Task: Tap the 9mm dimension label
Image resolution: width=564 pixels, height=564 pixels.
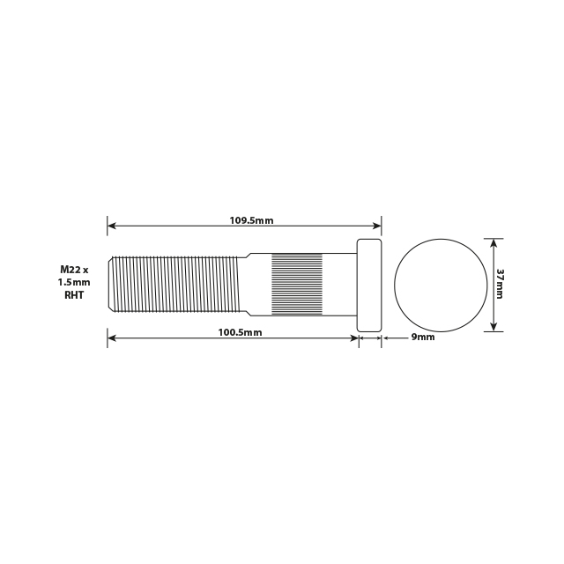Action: [x=423, y=337]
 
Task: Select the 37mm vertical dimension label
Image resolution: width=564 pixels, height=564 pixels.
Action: [x=500, y=284]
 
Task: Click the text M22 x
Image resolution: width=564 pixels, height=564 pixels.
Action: [x=75, y=268]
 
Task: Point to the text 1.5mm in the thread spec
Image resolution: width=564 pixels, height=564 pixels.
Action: [x=75, y=282]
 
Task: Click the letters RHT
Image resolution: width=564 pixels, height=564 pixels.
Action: [x=75, y=296]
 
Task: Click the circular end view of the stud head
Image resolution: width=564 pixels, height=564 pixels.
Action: [x=441, y=285]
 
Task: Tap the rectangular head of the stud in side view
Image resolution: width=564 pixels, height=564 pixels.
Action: [x=369, y=285]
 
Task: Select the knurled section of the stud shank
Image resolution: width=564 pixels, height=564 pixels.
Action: [x=296, y=285]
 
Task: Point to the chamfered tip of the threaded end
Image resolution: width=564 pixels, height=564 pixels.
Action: [x=111, y=285]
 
